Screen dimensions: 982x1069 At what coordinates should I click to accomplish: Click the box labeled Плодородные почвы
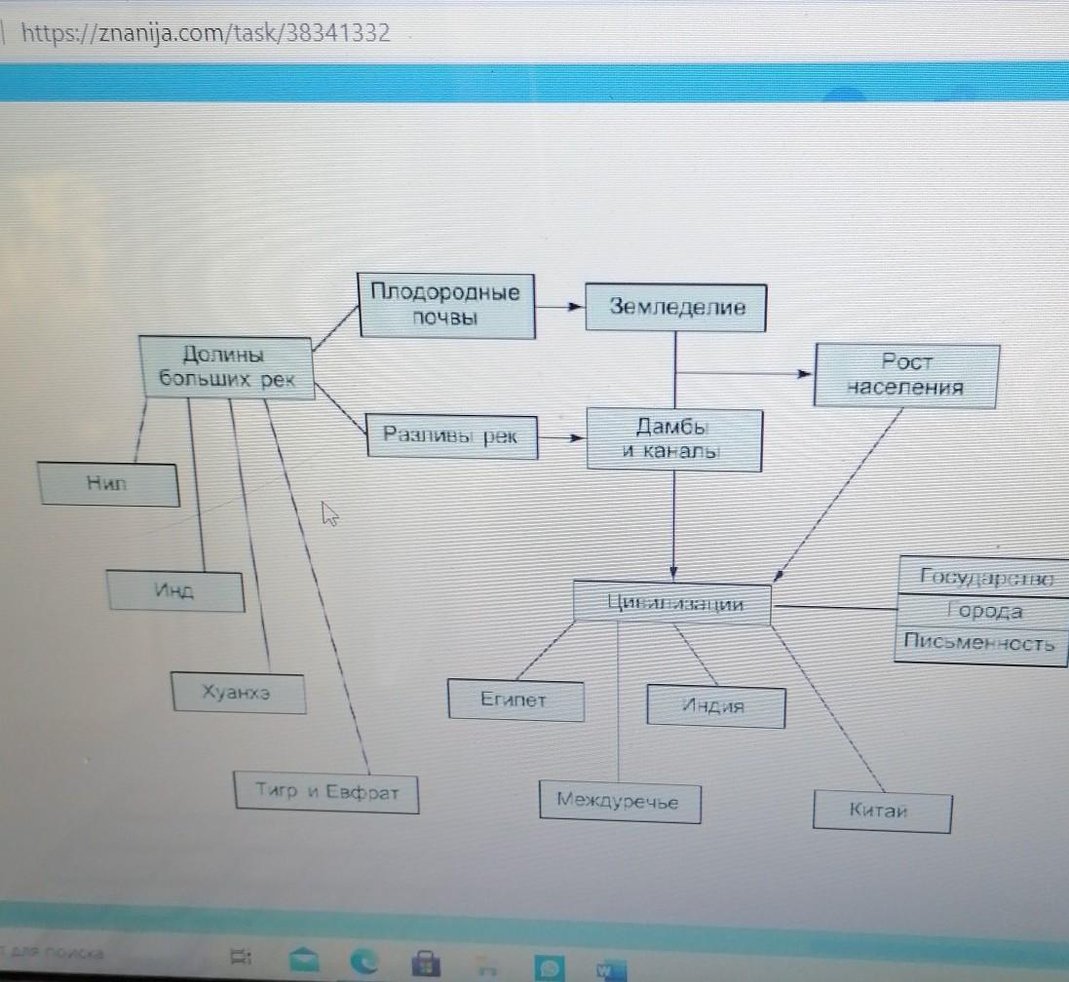coord(447,305)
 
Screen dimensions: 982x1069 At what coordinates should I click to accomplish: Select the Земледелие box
coord(675,307)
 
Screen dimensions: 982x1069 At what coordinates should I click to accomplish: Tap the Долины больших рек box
coord(226,366)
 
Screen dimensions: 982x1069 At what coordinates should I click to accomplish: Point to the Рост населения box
coord(905,374)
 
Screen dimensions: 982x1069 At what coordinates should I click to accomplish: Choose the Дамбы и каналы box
coord(673,440)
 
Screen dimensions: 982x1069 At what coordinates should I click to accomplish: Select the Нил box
coord(109,484)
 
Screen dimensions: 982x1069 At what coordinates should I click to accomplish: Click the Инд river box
coord(175,589)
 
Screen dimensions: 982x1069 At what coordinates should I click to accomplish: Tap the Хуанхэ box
coord(237,693)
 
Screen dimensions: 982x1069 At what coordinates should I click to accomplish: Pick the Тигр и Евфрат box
coord(326,792)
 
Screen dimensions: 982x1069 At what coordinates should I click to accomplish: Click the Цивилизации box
coord(673,603)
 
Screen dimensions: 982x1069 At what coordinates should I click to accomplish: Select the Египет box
coord(515,699)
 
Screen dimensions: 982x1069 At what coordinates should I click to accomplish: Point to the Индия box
coord(714,706)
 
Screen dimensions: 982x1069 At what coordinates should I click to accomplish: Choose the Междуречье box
coord(620,802)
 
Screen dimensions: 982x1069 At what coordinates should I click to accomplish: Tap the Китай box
coord(881,812)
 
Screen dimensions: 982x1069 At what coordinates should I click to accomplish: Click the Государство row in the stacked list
coord(984,578)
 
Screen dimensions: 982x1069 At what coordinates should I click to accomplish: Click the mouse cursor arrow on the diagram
coord(330,513)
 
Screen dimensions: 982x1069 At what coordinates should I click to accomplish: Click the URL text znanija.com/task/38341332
coord(205,34)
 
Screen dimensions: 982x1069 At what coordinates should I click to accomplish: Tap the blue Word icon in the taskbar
coord(605,968)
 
